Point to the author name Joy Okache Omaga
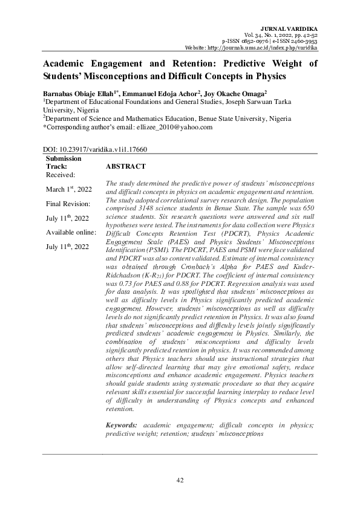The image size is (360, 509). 235,94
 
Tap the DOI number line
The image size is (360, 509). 95,149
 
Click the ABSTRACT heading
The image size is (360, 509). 125,166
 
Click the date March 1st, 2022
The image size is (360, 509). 69,189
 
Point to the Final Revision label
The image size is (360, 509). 68,204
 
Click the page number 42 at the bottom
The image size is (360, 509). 180,480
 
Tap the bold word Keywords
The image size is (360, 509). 121,426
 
